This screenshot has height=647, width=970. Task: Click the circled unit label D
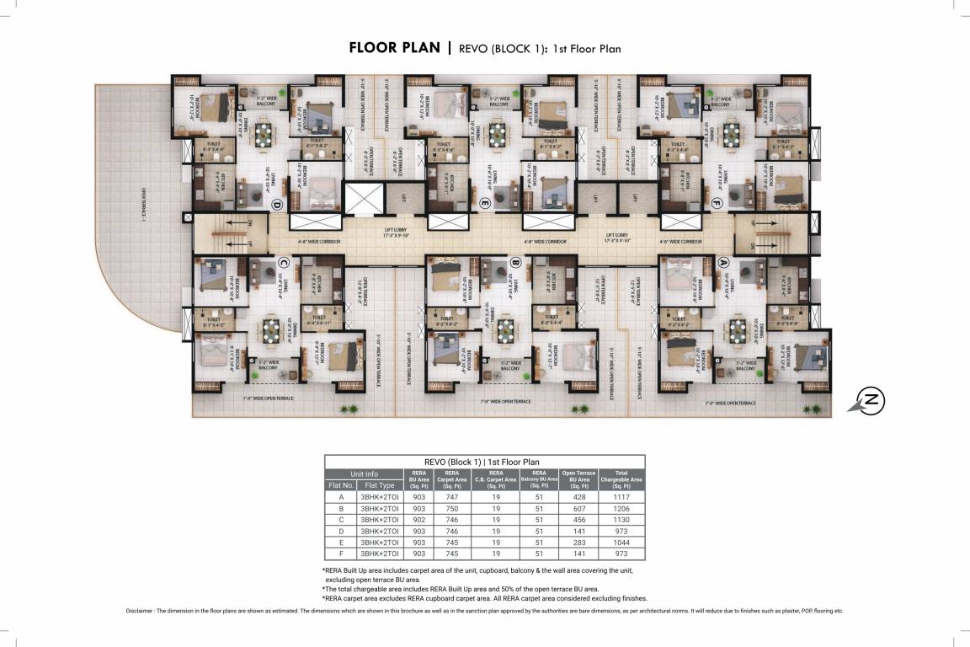click(x=275, y=203)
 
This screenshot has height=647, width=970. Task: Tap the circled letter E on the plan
click(x=484, y=203)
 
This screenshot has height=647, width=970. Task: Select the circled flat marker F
click(x=717, y=203)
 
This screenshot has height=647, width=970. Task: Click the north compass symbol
click(x=870, y=400)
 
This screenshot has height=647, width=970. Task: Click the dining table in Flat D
click(x=264, y=132)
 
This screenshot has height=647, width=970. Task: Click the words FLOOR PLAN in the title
click(x=394, y=48)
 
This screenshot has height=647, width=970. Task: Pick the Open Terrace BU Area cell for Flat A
click(x=578, y=497)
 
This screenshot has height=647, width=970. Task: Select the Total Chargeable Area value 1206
click(x=621, y=509)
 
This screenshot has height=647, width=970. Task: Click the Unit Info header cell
click(x=364, y=473)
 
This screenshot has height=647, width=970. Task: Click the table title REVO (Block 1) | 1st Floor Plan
click(x=484, y=462)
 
